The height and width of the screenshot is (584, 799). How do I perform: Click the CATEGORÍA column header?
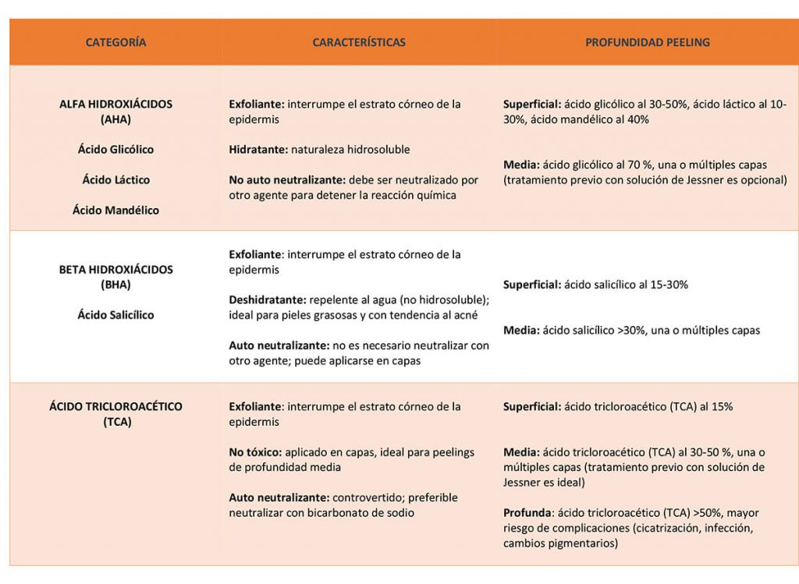pyautogui.click(x=115, y=42)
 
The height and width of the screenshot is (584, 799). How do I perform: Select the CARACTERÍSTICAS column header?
pyautogui.click(x=359, y=42)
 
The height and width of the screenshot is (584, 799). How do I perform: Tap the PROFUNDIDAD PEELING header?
pyautogui.click(x=648, y=42)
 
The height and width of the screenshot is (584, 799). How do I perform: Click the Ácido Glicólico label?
pyautogui.click(x=115, y=149)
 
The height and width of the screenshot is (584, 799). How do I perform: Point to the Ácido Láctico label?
pyautogui.click(x=115, y=179)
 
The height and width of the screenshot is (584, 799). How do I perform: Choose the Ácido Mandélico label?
pyautogui.click(x=115, y=210)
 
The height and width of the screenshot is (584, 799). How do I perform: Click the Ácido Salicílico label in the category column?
pyautogui.click(x=115, y=315)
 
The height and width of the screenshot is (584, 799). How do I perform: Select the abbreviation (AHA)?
pyautogui.click(x=115, y=119)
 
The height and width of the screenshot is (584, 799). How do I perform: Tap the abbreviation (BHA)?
pyautogui.click(x=115, y=285)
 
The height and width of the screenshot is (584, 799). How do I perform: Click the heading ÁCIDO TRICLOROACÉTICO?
pyautogui.click(x=115, y=406)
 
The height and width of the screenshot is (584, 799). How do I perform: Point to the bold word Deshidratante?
pyautogui.click(x=267, y=299)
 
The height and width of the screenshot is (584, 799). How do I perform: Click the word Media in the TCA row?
pyautogui.click(x=520, y=452)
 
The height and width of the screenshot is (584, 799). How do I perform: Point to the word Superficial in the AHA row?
pyautogui.click(x=531, y=104)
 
